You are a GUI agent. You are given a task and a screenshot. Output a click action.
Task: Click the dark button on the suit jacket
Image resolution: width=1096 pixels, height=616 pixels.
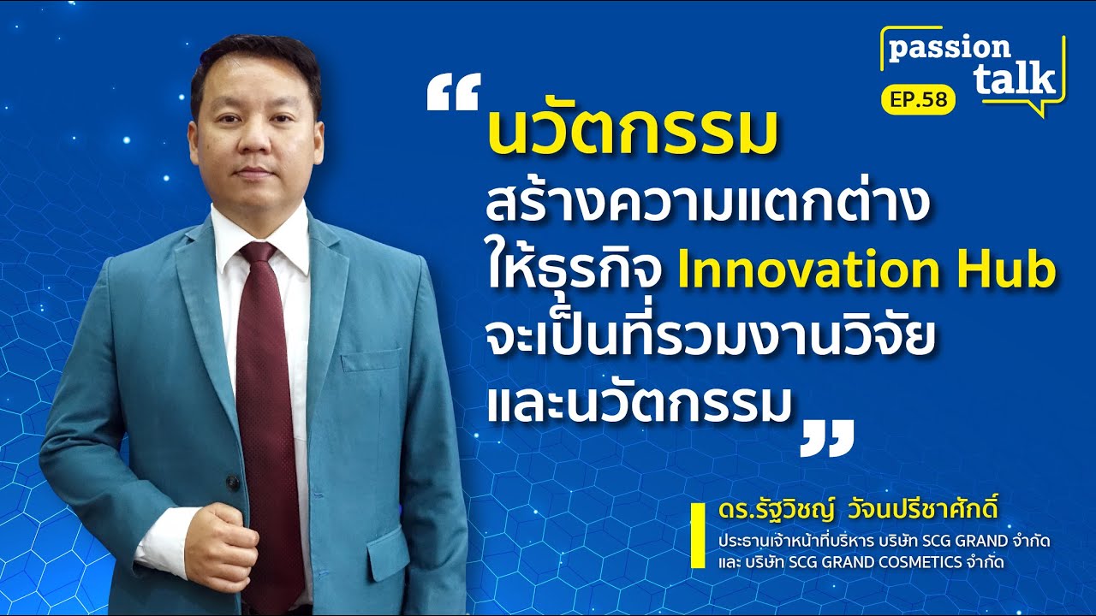233,483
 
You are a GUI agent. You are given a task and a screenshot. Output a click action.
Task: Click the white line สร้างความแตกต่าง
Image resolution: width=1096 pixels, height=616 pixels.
706,205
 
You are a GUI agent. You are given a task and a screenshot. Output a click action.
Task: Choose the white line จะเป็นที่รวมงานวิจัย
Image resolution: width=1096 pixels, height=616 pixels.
707,341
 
